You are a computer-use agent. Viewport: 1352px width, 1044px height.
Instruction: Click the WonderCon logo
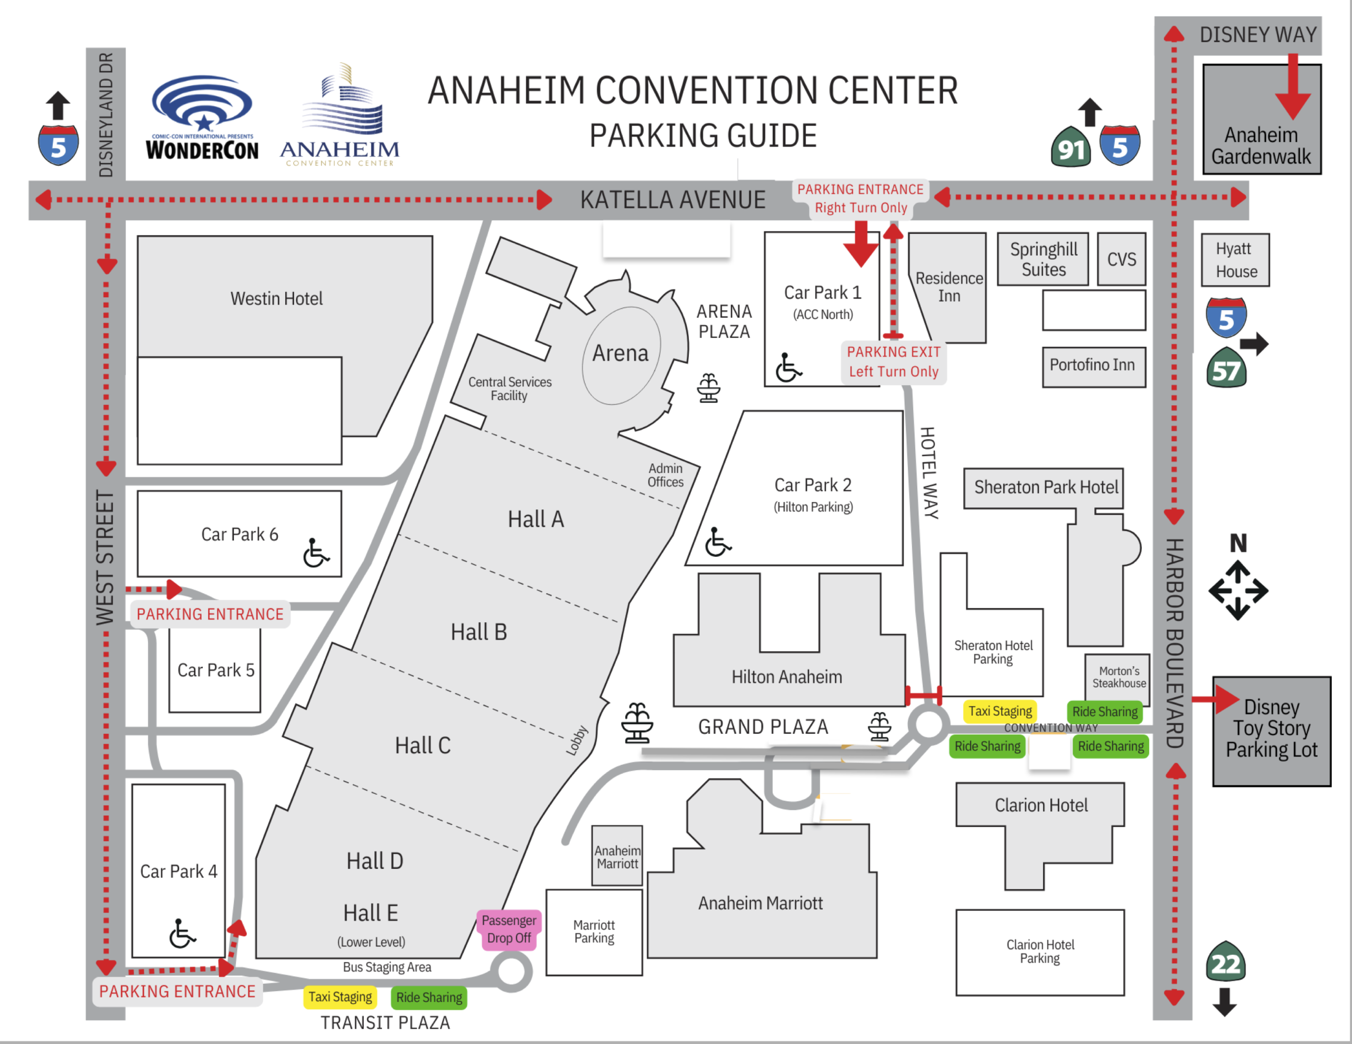pyautogui.click(x=202, y=118)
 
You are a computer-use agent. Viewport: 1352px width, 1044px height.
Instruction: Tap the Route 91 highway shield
pyautogui.click(x=1071, y=147)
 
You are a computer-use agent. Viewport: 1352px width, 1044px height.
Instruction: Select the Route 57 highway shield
pyautogui.click(x=1226, y=369)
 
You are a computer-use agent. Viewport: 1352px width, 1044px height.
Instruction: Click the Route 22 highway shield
pyautogui.click(x=1226, y=962)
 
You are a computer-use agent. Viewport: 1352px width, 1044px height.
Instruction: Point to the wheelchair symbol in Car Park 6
pyautogui.click(x=316, y=553)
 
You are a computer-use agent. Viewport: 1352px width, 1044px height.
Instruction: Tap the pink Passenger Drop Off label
pyautogui.click(x=509, y=929)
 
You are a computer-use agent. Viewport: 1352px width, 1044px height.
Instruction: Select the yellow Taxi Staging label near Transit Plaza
pyautogui.click(x=340, y=997)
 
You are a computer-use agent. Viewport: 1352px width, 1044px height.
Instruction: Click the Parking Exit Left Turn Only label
pyautogui.click(x=893, y=362)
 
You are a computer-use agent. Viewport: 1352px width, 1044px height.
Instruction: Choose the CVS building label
pyautogui.click(x=1121, y=259)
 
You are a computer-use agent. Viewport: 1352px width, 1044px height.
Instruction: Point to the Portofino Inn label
pyautogui.click(x=1092, y=365)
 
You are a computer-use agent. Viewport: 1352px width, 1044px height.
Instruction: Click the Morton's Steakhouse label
pyautogui.click(x=1119, y=677)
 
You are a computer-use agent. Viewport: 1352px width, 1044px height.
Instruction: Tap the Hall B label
pyautogui.click(x=478, y=632)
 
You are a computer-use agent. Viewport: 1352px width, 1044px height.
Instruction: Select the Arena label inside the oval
pyautogui.click(x=621, y=353)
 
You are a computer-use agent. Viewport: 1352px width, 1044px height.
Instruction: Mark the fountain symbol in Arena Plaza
pyautogui.click(x=708, y=388)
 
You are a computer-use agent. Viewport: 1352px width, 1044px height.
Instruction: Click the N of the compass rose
pyautogui.click(x=1238, y=543)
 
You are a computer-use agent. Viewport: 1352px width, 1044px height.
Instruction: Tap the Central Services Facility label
pyautogui.click(x=510, y=388)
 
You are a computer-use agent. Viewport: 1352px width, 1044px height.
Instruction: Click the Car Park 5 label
pyautogui.click(x=215, y=670)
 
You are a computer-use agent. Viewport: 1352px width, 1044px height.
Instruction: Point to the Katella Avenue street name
pyautogui.click(x=672, y=200)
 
